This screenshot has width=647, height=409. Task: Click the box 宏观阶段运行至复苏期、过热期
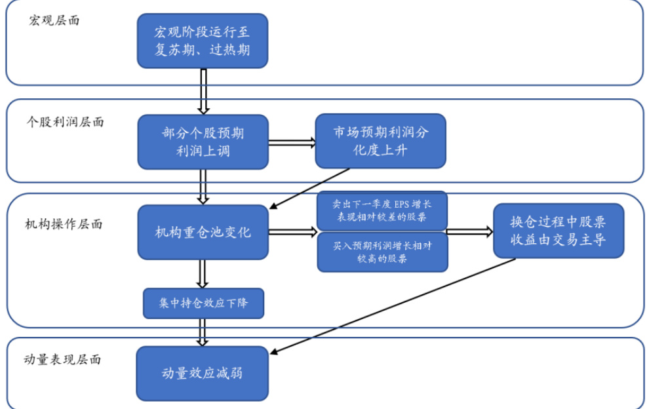202,41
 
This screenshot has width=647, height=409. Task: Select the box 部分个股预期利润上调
203,142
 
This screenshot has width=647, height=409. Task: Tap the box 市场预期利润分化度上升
380,140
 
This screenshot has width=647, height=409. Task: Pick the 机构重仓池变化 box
203,232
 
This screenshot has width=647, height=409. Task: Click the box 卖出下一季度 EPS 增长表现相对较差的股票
382,210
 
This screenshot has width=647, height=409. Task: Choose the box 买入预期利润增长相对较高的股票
382,252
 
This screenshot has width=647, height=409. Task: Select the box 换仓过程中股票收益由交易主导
558,230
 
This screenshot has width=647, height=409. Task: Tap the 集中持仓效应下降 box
203,303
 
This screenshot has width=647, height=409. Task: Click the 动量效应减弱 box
203,373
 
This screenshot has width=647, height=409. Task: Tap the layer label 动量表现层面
63,359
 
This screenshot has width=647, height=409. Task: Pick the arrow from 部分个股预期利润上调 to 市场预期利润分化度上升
292,142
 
